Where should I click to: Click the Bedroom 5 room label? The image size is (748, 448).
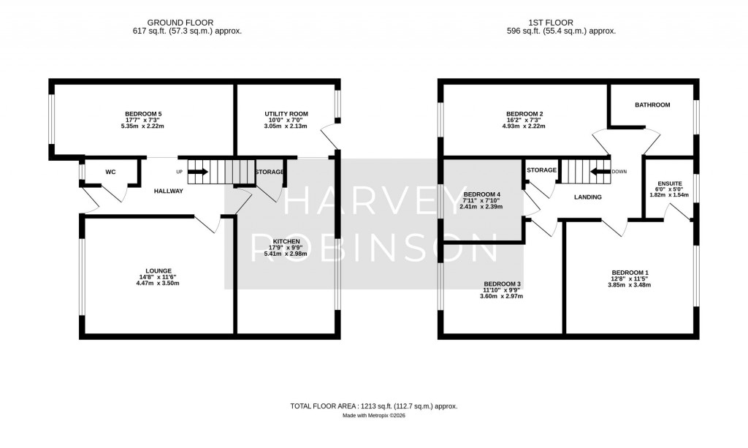[x=143, y=113]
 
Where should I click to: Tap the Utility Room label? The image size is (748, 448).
[x=286, y=114]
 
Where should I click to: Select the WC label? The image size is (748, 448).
[x=110, y=172]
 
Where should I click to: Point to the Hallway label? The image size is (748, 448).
[x=168, y=191]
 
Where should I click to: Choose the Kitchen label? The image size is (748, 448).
[x=286, y=241]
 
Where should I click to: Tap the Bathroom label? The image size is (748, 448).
[x=652, y=105]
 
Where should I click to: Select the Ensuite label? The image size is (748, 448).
[x=669, y=183]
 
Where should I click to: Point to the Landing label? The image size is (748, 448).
[x=587, y=197]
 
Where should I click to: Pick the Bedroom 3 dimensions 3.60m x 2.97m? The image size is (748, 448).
[x=500, y=297]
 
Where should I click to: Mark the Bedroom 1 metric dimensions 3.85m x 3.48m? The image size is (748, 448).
[x=630, y=285]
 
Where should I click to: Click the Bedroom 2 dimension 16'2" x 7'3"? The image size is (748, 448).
[x=524, y=120]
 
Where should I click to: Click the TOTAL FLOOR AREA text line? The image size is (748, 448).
[x=374, y=406]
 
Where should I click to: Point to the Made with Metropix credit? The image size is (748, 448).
[x=374, y=416]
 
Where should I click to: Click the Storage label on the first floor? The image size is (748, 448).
[x=541, y=170]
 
